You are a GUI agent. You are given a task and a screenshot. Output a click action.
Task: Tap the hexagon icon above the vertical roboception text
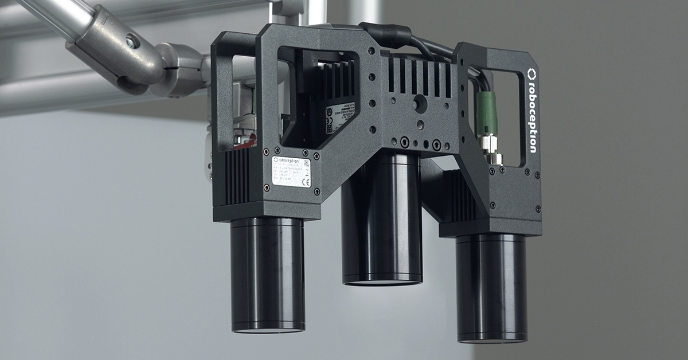pos(531,73)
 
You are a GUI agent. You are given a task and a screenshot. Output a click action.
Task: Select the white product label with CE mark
pos(292,172)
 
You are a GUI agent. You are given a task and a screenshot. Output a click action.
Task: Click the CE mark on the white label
pos(304,182)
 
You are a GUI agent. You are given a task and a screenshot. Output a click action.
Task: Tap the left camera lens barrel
pos(267,275)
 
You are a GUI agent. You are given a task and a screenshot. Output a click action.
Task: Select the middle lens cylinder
pos(382,224)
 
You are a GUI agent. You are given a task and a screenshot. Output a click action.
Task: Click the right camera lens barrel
pos(491,287)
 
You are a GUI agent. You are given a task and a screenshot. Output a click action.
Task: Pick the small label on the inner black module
pos(339,118)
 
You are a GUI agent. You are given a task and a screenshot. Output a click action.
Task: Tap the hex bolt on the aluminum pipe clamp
pos(131,41)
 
